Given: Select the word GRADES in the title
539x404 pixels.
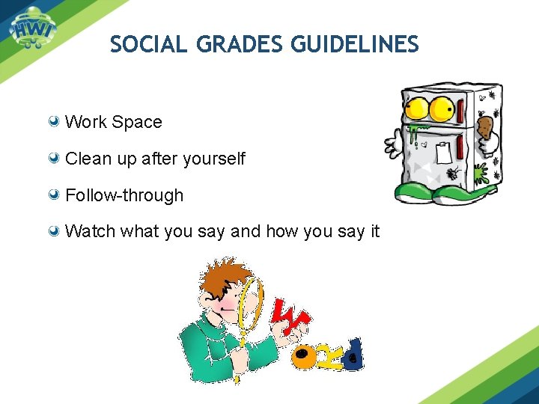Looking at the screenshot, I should point(240,45).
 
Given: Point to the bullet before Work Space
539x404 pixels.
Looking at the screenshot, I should point(55,121).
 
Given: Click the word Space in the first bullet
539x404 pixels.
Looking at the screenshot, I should point(138,122).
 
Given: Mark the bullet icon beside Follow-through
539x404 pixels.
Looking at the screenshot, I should point(55,195).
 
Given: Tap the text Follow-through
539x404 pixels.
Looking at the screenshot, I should point(124,195).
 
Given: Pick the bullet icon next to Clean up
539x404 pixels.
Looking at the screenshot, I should point(55,158).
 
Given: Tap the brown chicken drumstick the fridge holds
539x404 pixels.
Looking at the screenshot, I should point(484,126).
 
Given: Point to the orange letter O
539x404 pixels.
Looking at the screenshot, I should point(305,358).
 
